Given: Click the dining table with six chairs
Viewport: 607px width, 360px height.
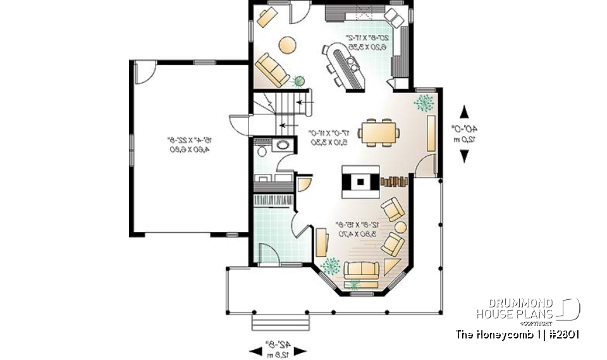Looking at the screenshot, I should (x=380, y=132).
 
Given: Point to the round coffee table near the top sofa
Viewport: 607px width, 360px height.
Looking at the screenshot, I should (x=286, y=45).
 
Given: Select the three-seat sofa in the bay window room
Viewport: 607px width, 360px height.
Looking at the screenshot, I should (x=360, y=270).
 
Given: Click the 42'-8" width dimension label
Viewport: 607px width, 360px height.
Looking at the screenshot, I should (x=282, y=349).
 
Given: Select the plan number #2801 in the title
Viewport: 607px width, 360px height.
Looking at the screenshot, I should (x=561, y=334).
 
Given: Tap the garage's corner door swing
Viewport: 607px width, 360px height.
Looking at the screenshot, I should (x=145, y=71).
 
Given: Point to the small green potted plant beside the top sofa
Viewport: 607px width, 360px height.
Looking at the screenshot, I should (x=299, y=81).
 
